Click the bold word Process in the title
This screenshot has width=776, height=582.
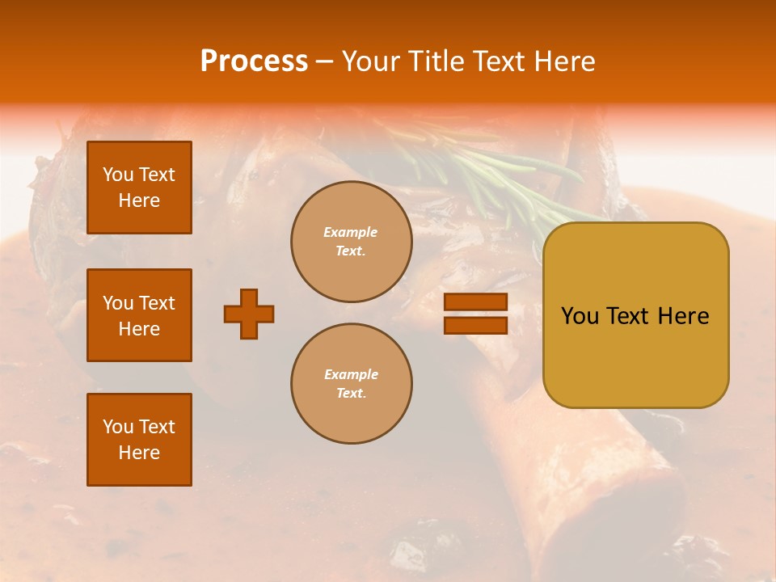[x=254, y=61]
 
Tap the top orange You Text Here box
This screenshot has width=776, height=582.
[x=139, y=188]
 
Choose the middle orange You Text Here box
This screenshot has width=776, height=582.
[x=139, y=315]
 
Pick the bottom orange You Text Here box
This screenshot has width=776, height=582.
[x=139, y=440]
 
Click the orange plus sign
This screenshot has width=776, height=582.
[x=249, y=314]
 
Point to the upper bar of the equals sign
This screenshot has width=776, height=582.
[x=475, y=302]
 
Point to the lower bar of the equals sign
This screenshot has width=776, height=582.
[x=475, y=325]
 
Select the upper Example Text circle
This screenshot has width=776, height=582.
[x=351, y=242]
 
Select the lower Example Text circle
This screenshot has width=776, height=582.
[x=351, y=384]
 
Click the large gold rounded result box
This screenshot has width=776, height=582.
[x=635, y=315]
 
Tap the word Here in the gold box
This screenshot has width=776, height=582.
[x=683, y=316]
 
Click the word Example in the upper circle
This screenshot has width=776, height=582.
[x=351, y=233]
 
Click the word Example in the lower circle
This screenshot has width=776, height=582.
[x=351, y=375]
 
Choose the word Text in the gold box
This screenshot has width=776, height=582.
[x=629, y=316]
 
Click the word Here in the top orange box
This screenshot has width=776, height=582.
[x=139, y=200]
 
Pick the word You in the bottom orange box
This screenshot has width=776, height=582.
[x=118, y=427]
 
